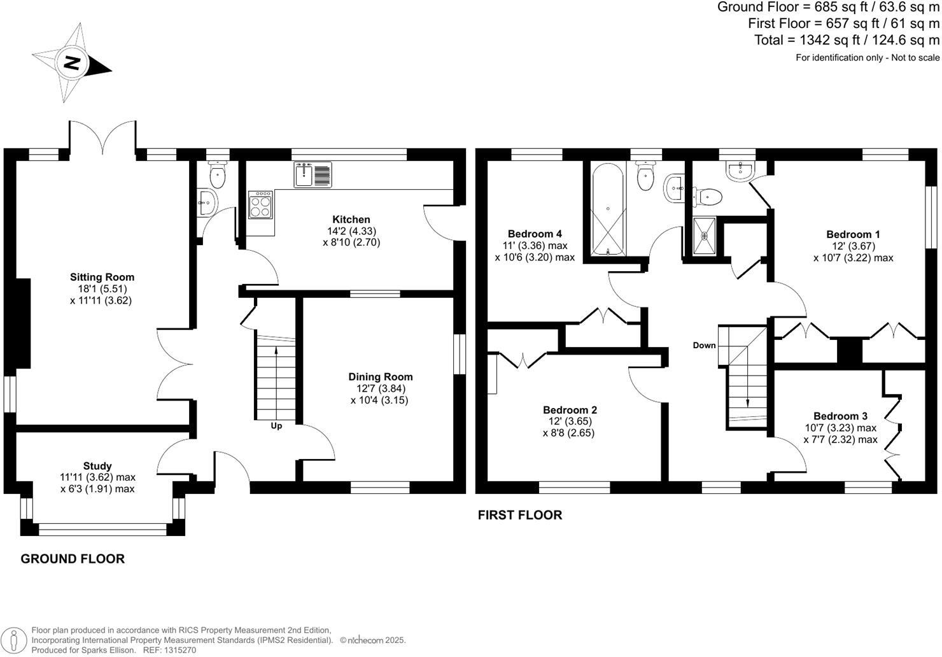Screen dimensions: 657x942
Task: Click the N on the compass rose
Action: pyautogui.click(x=71, y=63)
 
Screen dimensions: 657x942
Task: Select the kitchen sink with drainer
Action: pyautogui.click(x=313, y=174)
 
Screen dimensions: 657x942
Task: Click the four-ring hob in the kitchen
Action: pyautogui.click(x=261, y=206)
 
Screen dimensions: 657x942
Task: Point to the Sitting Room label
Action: pyautogui.click(x=102, y=277)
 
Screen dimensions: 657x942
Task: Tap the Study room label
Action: pyautogui.click(x=97, y=466)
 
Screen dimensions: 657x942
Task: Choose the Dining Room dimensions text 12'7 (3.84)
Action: pyautogui.click(x=380, y=388)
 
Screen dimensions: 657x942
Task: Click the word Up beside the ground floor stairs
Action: pyautogui.click(x=276, y=426)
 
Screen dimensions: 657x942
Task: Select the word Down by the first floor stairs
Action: pyautogui.click(x=705, y=346)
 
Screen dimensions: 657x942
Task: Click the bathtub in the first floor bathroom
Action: pyautogui.click(x=608, y=208)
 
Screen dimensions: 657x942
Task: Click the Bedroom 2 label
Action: pyautogui.click(x=570, y=410)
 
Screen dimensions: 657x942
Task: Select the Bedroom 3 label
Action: pyautogui.click(x=840, y=416)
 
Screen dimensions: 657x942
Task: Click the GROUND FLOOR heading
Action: pyautogui.click(x=73, y=559)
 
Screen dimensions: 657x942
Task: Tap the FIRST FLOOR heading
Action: pyautogui.click(x=520, y=515)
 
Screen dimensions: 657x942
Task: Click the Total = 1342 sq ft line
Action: pyautogui.click(x=847, y=40)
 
